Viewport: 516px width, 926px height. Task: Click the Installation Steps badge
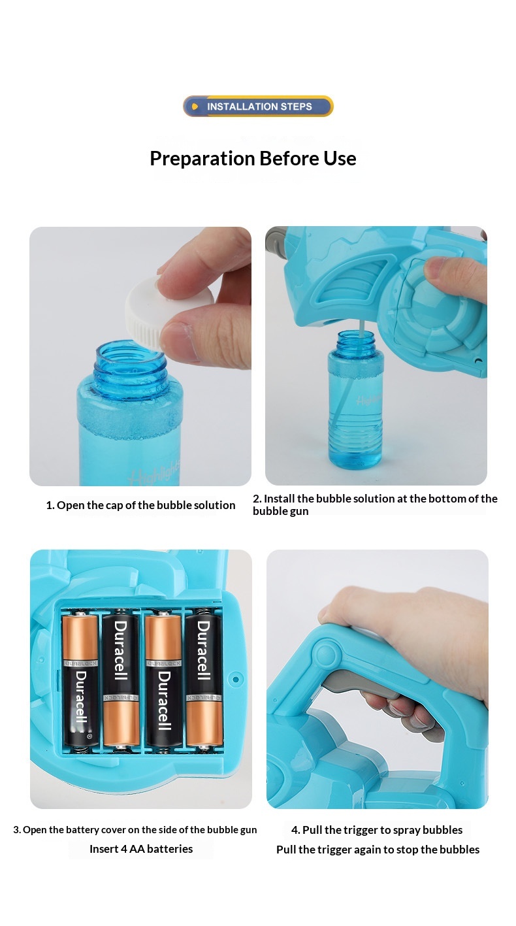pyautogui.click(x=258, y=107)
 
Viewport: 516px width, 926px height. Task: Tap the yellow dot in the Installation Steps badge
pyautogui.click(x=195, y=107)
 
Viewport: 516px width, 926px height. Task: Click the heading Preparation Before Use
pyautogui.click(x=253, y=158)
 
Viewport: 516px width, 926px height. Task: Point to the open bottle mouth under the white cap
pyautogui.click(x=131, y=354)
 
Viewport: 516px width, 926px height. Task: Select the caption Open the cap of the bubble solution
pyautogui.click(x=140, y=505)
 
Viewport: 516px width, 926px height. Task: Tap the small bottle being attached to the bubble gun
pyautogui.click(x=356, y=399)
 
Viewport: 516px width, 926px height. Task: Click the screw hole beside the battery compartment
pyautogui.click(x=236, y=679)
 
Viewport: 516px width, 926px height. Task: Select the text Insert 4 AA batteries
pyautogui.click(x=141, y=849)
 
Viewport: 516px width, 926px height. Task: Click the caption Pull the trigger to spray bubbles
pyautogui.click(x=377, y=830)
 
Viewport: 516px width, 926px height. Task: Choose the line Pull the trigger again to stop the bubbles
pyautogui.click(x=378, y=850)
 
